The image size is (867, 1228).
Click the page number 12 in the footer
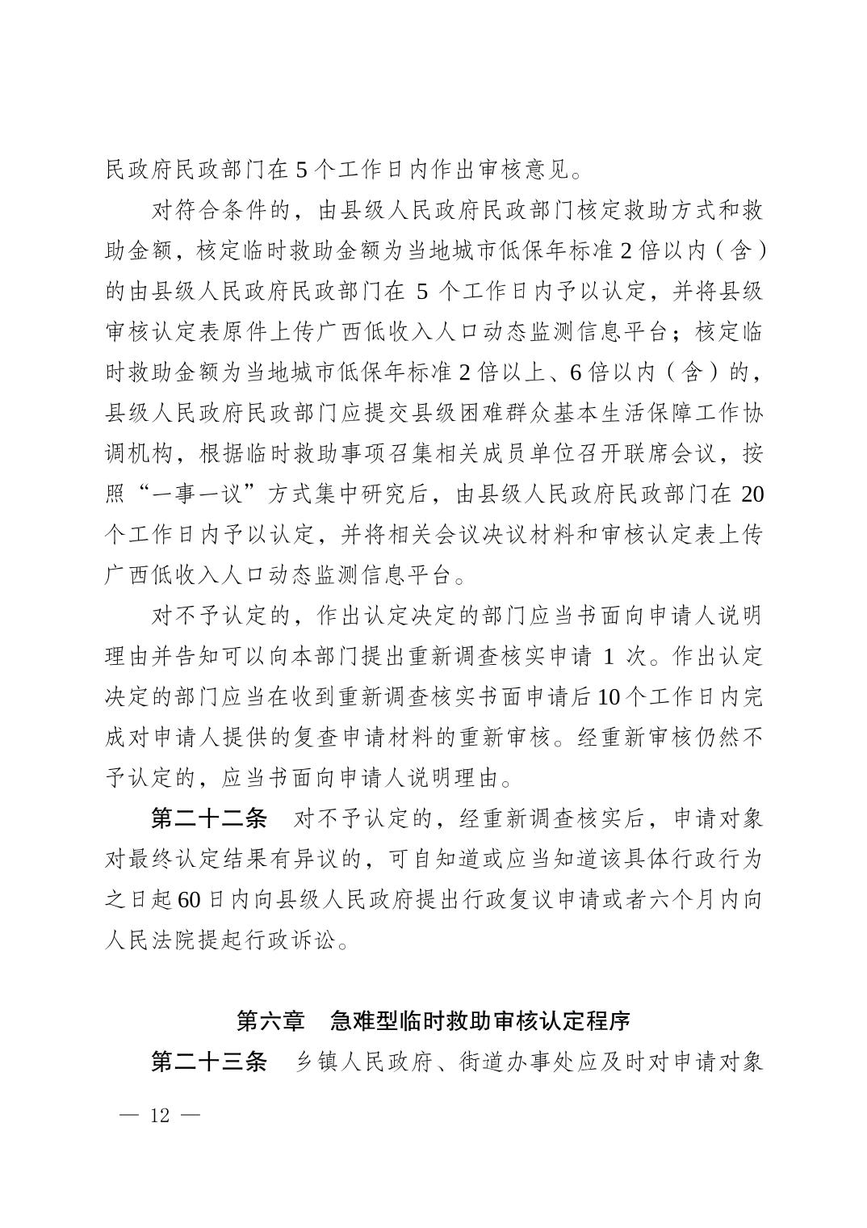[x=159, y=1116]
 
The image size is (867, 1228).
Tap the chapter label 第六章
[x=270, y=1020]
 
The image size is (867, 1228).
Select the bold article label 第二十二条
[x=209, y=818]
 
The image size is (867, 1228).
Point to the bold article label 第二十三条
[x=209, y=1061]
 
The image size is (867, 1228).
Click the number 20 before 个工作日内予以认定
[x=751, y=494]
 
